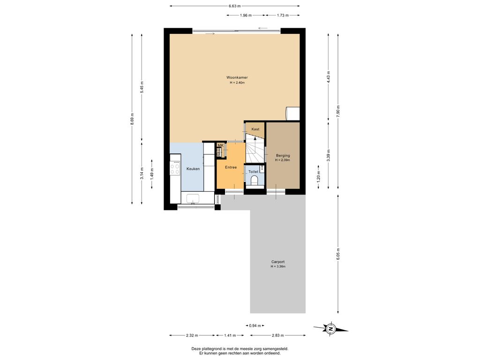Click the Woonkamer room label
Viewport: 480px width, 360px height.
click(237, 77)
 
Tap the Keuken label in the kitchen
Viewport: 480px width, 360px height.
click(193, 169)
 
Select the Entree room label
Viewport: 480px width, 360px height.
click(231, 167)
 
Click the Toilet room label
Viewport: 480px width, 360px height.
click(253, 172)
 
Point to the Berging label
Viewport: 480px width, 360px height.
click(283, 156)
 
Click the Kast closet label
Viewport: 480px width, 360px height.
click(255, 129)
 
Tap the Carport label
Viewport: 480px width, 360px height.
click(278, 262)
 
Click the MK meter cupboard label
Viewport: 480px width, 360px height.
click(220, 145)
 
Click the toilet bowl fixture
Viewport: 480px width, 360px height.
click(254, 181)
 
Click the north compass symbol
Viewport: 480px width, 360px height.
click(330, 329)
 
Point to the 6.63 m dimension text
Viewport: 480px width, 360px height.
click(235, 6)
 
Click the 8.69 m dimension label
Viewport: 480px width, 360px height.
click(132, 119)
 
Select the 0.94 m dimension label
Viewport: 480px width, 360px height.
click(255, 326)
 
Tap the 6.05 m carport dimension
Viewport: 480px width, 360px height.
click(338, 254)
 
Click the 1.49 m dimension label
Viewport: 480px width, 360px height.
click(152, 174)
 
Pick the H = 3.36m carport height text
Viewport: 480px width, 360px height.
click(278, 267)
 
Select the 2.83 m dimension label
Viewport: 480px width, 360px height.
click(277, 335)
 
